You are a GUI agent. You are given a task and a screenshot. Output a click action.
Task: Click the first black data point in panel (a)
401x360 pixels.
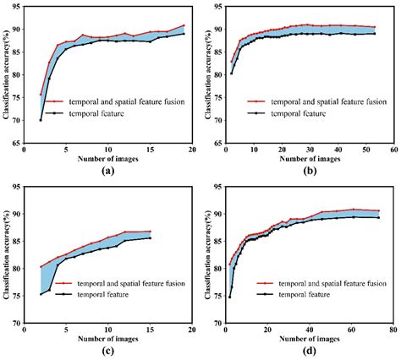(x=40, y=119)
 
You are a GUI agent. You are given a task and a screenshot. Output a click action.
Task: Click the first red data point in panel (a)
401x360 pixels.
(x=40, y=95)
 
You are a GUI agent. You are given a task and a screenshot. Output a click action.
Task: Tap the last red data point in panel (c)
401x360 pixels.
(x=151, y=232)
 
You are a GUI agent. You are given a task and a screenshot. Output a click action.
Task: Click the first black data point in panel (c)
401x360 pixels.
(x=40, y=294)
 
